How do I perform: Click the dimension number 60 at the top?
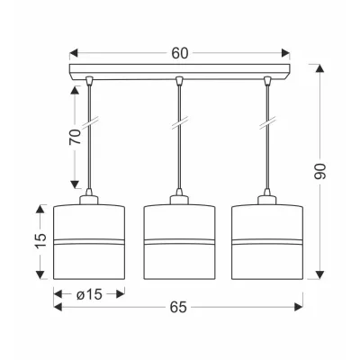click(180, 53)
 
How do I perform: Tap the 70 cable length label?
click(75, 137)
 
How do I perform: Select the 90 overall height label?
click(319, 172)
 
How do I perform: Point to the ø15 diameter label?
click(89, 294)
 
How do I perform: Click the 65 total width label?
click(178, 307)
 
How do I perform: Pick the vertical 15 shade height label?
click(40, 240)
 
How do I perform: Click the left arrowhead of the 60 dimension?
click(74, 53)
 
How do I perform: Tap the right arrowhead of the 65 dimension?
click(299, 307)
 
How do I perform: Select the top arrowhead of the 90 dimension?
click(320, 68)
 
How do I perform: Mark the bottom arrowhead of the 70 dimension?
click(75, 184)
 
